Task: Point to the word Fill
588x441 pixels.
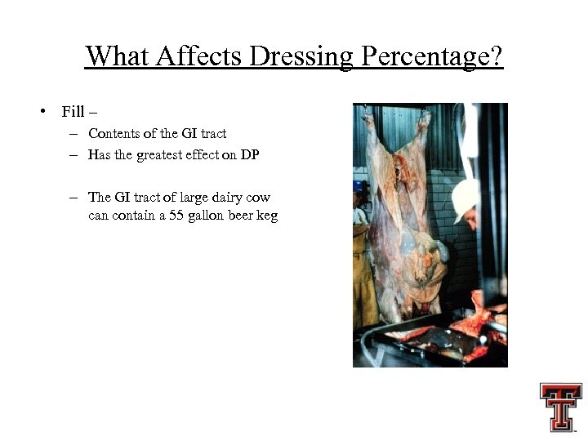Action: coord(73,111)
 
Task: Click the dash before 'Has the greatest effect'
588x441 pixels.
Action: coord(73,155)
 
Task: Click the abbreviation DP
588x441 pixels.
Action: coord(249,155)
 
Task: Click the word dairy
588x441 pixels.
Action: coord(226,197)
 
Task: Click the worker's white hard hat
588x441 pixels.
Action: coord(464,198)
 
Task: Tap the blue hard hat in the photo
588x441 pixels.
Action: coord(357,185)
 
